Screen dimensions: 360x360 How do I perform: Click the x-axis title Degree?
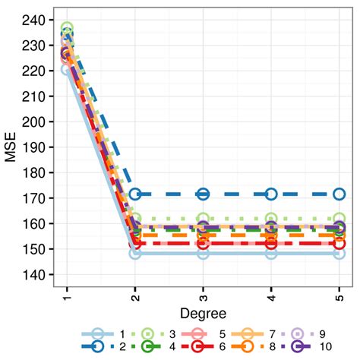[202, 313]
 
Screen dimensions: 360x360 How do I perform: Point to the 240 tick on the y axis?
[37, 20]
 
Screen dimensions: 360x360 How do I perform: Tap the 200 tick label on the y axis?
[37, 122]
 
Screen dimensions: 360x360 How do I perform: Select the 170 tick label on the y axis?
[37, 198]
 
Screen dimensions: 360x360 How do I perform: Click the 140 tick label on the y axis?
[37, 275]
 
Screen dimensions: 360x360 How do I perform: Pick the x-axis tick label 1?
[67, 295]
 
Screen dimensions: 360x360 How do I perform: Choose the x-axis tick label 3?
[203, 295]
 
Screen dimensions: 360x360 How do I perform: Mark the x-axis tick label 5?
[339, 295]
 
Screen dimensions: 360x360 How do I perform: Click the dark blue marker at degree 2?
[135, 194]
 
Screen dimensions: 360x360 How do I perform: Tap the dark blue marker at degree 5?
[339, 194]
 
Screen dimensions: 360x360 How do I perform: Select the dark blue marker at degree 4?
[271, 194]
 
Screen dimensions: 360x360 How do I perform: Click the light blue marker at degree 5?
[339, 253]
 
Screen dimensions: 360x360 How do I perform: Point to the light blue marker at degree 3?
[203, 253]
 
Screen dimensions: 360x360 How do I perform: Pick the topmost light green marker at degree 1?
[67, 29]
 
